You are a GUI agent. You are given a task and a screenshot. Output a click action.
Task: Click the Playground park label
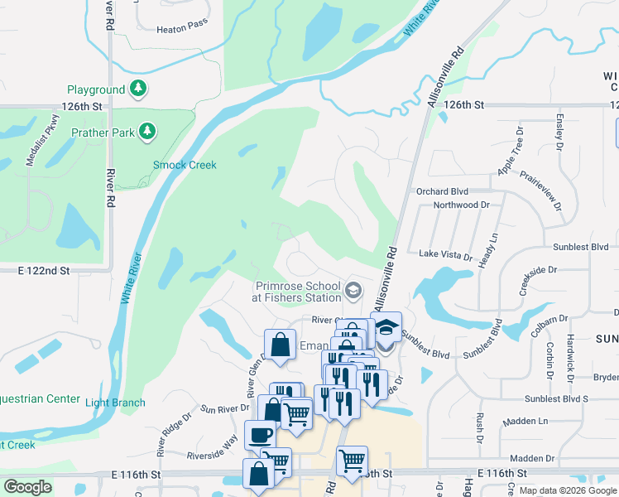tap(96, 89)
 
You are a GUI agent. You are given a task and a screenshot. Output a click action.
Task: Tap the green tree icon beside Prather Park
tap(147, 131)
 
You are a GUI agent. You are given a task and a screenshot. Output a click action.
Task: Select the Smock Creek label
tap(185, 165)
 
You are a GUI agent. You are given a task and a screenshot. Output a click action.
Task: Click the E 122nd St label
tap(44, 271)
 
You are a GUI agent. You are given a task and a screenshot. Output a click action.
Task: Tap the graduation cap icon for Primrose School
tap(353, 289)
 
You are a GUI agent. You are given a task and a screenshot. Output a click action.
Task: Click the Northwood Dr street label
tap(461, 205)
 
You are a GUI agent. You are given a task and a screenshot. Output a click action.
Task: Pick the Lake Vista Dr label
tap(445, 254)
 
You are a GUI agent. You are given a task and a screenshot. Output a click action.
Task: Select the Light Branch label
tap(115, 403)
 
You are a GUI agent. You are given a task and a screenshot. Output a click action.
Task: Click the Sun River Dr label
tap(225, 408)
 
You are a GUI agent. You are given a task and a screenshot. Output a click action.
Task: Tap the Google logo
tap(27, 488)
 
